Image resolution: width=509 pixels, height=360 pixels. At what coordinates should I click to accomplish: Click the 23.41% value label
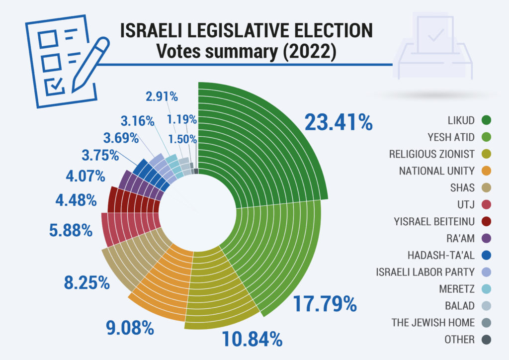(x=339, y=122)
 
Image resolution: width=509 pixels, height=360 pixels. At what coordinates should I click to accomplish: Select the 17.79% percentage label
(x=325, y=303)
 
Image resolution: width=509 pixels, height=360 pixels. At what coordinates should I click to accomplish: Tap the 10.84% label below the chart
(x=252, y=339)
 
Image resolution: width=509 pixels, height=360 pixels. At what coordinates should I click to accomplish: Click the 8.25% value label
(x=86, y=282)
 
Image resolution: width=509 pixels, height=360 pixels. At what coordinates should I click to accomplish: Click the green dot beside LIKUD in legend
(x=487, y=120)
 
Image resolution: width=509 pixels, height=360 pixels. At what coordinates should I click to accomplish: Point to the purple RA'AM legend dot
(x=487, y=238)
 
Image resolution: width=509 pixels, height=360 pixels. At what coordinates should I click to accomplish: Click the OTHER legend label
(x=460, y=340)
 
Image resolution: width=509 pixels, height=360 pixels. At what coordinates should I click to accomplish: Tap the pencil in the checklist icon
(x=89, y=65)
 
